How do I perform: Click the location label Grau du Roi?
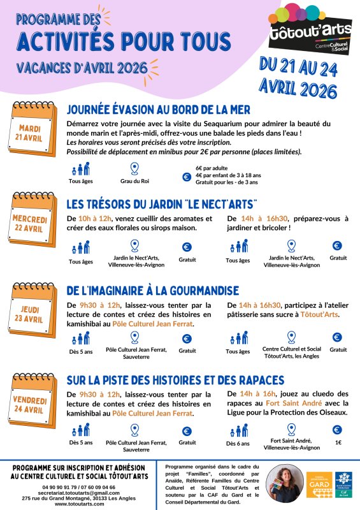134,181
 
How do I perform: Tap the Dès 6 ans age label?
239,442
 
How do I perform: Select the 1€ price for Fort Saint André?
338,442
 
